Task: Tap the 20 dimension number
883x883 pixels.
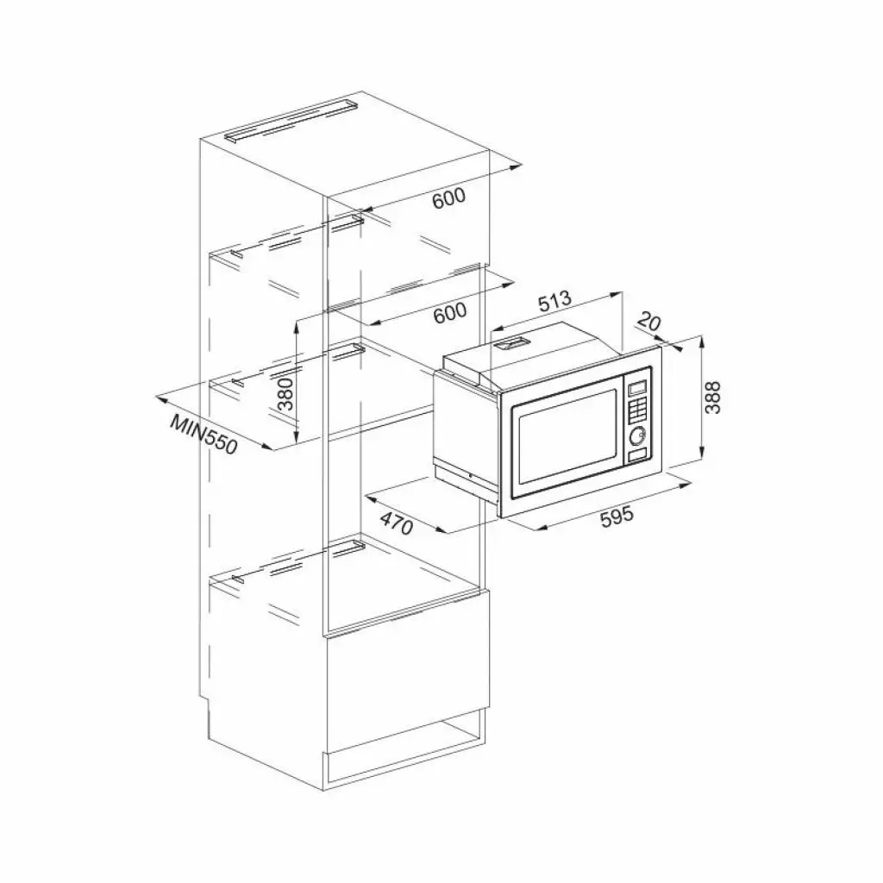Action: coord(649,323)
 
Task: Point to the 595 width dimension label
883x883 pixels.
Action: coord(617,516)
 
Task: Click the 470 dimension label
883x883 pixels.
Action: coord(398,523)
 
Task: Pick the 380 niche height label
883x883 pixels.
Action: coord(286,395)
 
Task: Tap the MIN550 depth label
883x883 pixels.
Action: coord(204,436)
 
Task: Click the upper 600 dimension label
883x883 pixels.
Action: coord(448,197)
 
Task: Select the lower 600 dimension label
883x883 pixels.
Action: coord(449,313)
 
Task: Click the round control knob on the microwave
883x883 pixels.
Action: coord(638,435)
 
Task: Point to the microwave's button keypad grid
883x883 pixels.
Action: coord(638,410)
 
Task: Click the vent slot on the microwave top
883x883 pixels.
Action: coord(510,343)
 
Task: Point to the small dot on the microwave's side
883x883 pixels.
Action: coord(467,476)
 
